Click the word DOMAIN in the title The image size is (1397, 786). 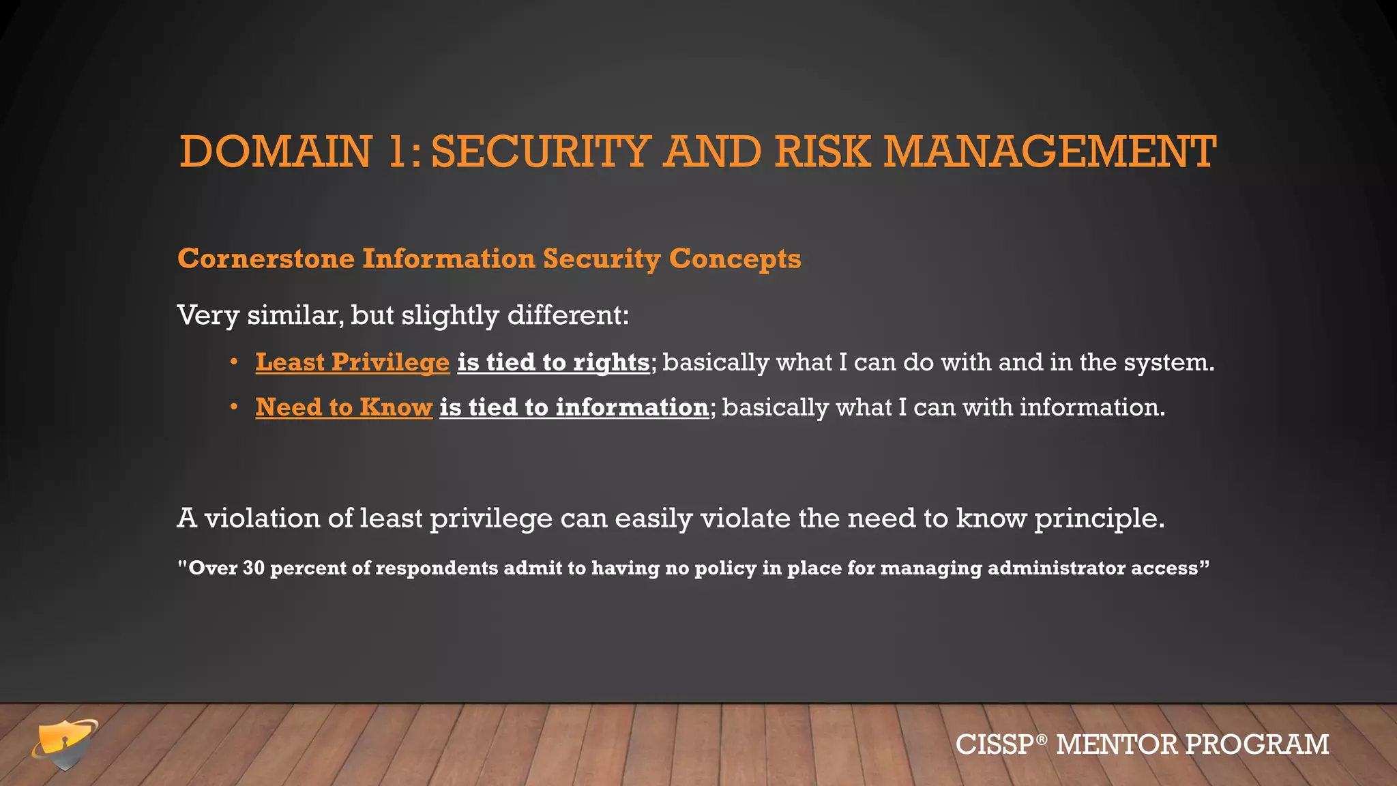276,151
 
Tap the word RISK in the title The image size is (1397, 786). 823,151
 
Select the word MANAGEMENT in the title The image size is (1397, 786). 1050,151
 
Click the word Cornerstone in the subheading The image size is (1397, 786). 266,259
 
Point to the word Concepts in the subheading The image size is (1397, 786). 735,259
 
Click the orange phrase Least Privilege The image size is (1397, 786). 353,362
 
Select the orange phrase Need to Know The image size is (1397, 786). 344,407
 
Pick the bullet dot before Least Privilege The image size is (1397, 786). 234,362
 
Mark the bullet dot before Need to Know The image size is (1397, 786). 234,407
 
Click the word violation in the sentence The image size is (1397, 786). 262,519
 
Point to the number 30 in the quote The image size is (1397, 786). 253,568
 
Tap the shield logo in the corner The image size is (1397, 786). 64,744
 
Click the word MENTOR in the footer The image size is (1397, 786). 1116,744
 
